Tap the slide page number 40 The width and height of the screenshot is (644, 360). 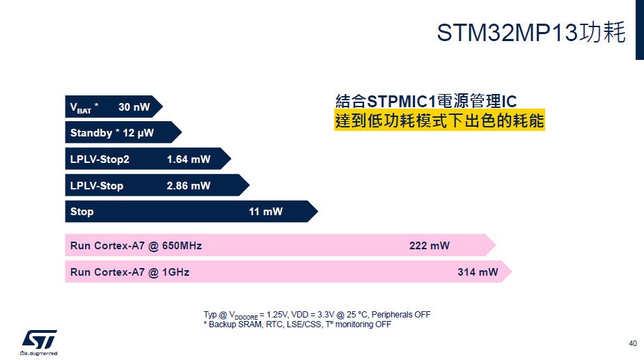(632, 343)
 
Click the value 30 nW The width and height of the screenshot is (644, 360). (134, 107)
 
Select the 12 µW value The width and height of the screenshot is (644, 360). (138, 133)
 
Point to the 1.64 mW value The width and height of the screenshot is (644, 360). (189, 159)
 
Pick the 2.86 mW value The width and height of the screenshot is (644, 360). (189, 186)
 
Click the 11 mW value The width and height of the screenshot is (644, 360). (265, 212)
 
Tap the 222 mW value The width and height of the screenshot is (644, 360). (429, 246)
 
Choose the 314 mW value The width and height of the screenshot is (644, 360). (478, 272)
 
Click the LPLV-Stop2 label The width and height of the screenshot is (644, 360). (100, 159)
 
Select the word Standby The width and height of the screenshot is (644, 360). (91, 133)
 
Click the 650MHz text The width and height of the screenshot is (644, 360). (182, 246)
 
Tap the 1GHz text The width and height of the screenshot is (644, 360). (175, 272)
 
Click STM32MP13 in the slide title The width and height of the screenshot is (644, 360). (508, 33)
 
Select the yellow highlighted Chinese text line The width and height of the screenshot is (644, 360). (439, 120)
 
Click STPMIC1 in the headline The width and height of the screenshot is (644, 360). (401, 101)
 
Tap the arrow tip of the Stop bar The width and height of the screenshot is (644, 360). (318, 212)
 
